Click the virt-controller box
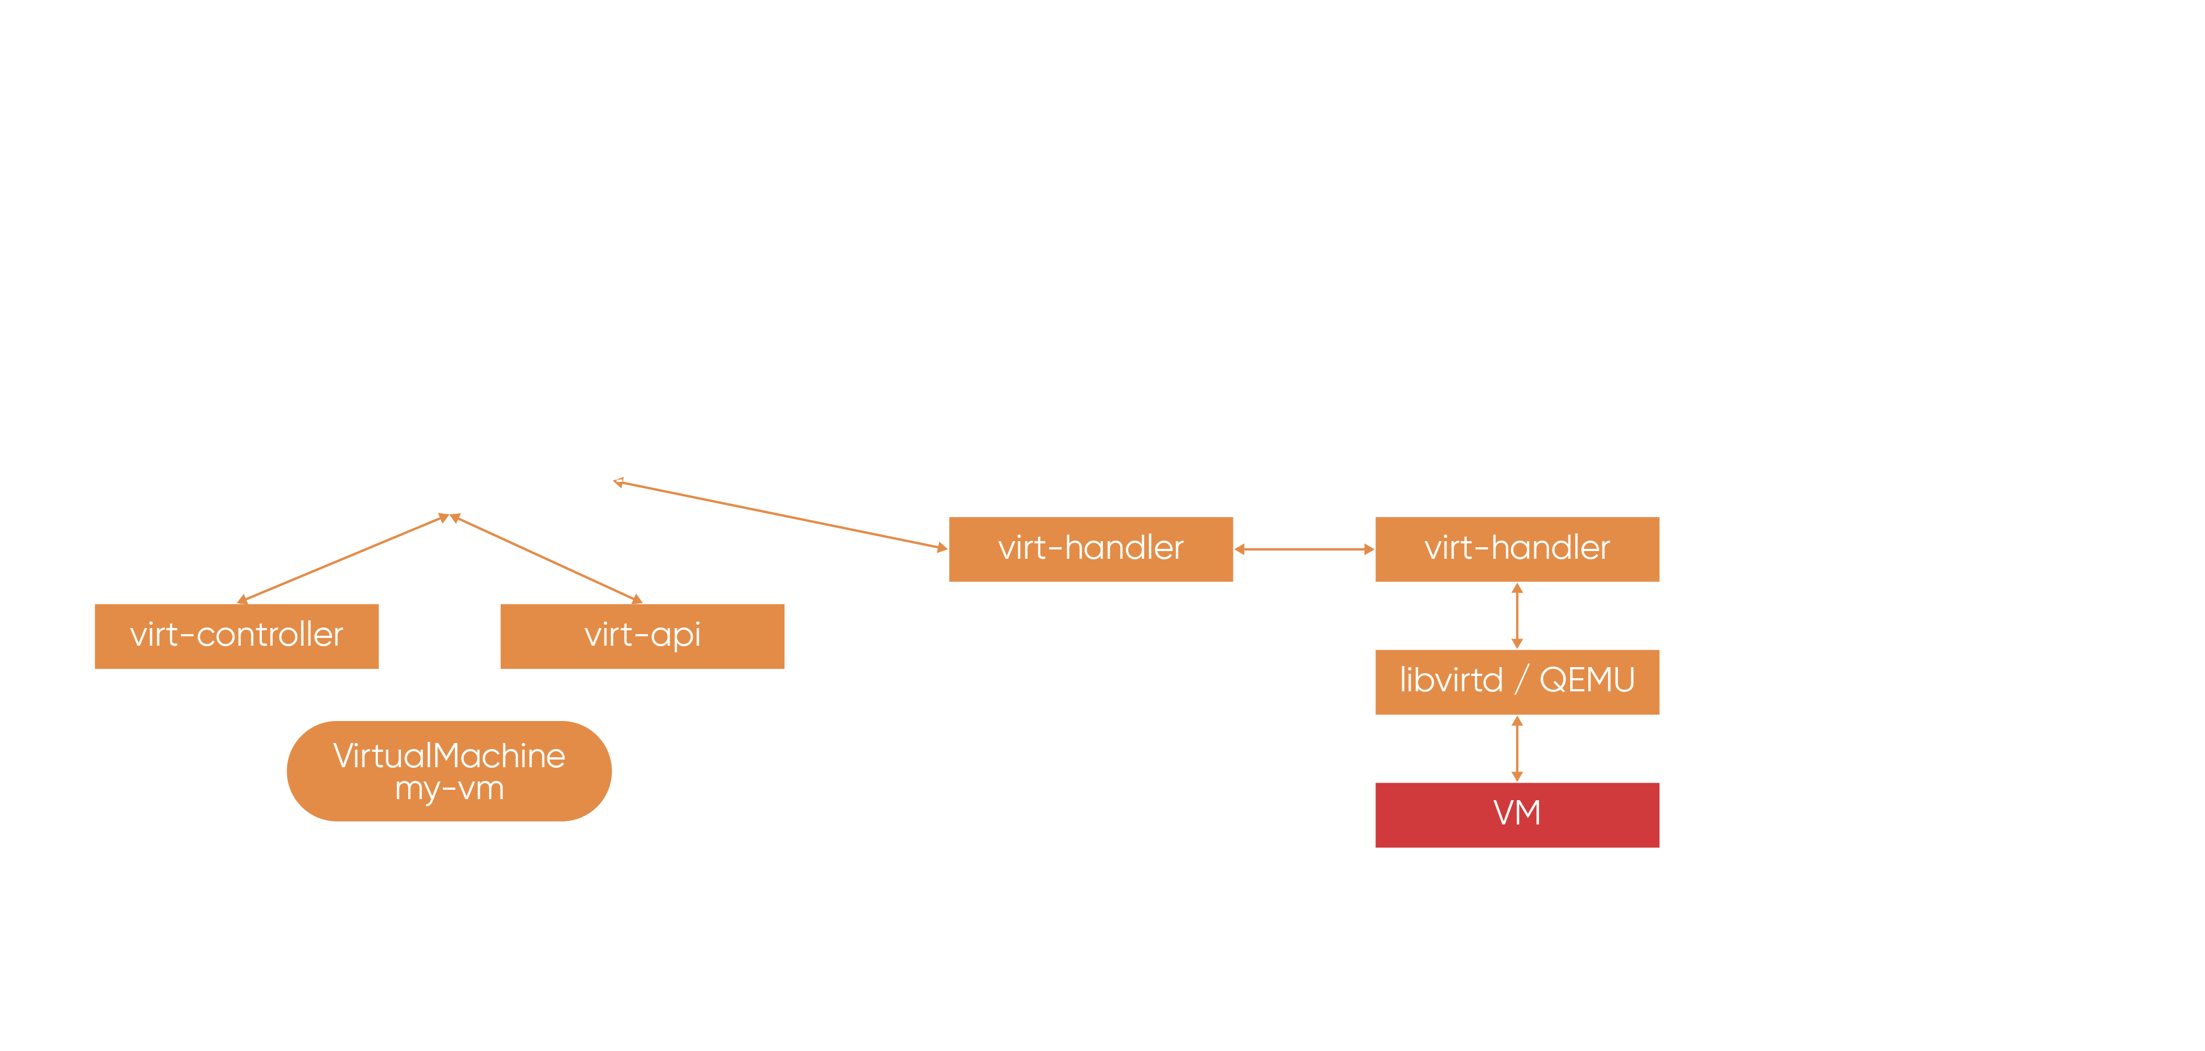(x=236, y=636)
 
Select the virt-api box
(x=642, y=636)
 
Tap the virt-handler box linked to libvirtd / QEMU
(x=1517, y=549)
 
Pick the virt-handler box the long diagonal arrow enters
(x=1090, y=549)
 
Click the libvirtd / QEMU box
(x=1517, y=681)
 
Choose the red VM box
(x=1517, y=814)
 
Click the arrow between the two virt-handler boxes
(x=1304, y=549)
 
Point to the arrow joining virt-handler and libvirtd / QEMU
(x=1517, y=615)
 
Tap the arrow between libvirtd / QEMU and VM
(x=1517, y=748)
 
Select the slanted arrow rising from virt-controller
(x=342, y=558)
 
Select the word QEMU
(x=1587, y=680)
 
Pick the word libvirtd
(x=1451, y=680)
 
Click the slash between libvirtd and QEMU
(x=1521, y=680)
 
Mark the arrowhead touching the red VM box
(x=1517, y=776)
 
